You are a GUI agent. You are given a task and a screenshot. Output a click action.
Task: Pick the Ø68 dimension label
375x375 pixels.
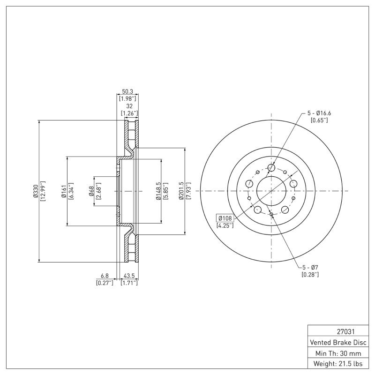(x=91, y=191)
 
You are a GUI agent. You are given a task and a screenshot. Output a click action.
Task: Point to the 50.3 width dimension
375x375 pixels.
(x=128, y=91)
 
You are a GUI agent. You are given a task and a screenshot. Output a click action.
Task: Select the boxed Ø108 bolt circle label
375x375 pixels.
(x=225, y=218)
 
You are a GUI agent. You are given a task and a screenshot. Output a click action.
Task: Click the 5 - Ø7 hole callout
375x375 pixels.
(x=310, y=267)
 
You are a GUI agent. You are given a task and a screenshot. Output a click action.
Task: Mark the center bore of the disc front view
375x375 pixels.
(x=271, y=191)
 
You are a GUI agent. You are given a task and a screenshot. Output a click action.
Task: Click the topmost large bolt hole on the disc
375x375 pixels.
(x=271, y=168)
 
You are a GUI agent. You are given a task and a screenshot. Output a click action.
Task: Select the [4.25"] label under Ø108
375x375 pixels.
(x=225, y=225)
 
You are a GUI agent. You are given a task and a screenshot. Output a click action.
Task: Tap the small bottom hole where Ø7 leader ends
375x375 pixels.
(x=271, y=214)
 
